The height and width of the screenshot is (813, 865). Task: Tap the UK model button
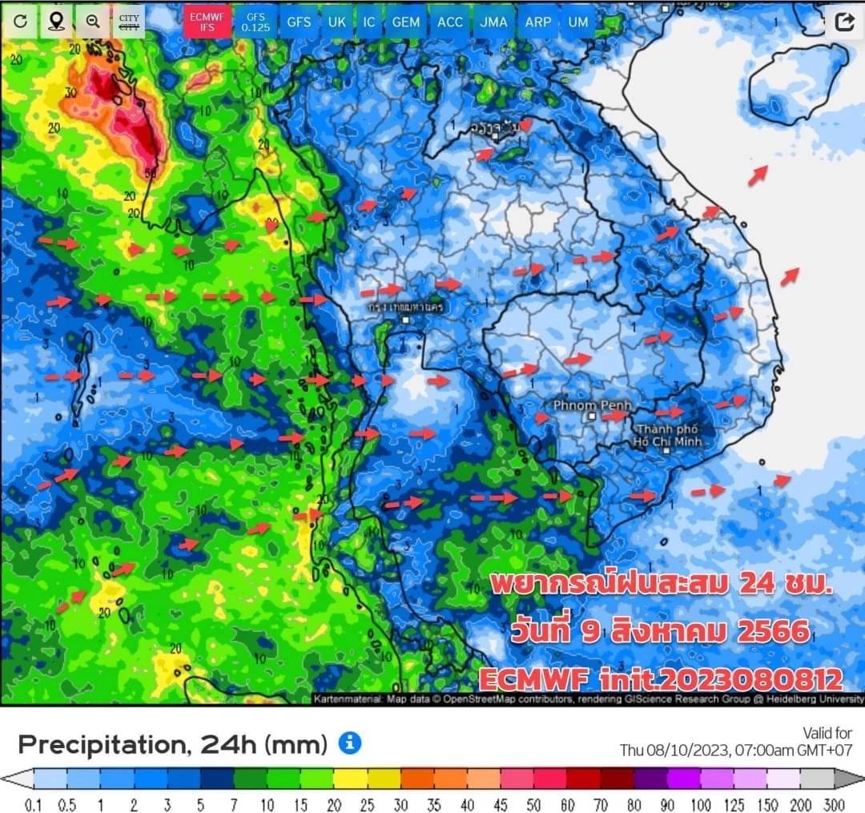(x=336, y=22)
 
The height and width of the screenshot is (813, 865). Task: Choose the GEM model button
(x=406, y=22)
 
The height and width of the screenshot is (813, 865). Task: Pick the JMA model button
(x=494, y=22)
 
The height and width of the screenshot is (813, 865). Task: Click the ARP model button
(x=537, y=22)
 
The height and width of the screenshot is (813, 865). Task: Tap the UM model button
(x=577, y=22)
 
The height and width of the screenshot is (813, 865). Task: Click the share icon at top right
(x=843, y=22)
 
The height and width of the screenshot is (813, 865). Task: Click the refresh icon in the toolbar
(x=20, y=22)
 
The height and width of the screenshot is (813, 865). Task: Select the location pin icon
(x=56, y=22)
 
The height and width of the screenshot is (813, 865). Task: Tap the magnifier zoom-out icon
(x=93, y=22)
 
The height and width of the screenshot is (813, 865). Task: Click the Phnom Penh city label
(x=592, y=406)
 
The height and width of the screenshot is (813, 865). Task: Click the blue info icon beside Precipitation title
(x=349, y=743)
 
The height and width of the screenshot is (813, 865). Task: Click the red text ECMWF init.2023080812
(x=661, y=679)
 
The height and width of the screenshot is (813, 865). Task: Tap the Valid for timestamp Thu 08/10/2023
(x=735, y=751)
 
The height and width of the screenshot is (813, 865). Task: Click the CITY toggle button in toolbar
(x=128, y=22)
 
